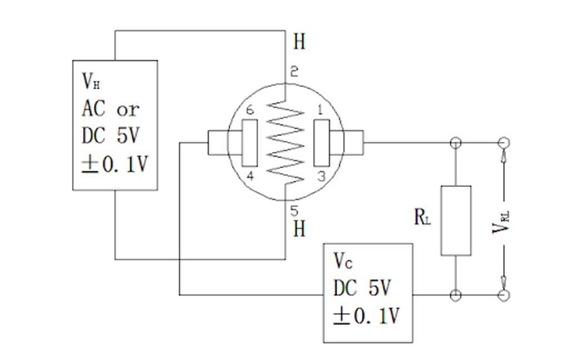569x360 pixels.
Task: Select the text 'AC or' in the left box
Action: [111, 109]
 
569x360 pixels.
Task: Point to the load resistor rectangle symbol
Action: [456, 221]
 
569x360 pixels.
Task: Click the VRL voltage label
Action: [501, 221]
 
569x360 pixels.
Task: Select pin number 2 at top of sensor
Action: [294, 72]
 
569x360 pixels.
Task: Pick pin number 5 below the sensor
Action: [295, 210]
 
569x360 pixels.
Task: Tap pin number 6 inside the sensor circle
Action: [249, 111]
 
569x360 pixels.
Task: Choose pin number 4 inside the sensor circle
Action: [249, 176]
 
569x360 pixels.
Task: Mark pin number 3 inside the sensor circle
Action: [320, 176]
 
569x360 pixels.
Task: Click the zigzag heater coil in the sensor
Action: [285, 142]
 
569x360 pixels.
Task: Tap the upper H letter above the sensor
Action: [299, 42]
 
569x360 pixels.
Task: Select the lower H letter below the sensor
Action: [299, 229]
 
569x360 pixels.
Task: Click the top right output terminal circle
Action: [505, 142]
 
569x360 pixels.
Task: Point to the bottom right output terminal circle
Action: [505, 295]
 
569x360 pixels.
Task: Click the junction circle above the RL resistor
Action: [456, 142]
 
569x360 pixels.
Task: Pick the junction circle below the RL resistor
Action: [456, 295]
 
